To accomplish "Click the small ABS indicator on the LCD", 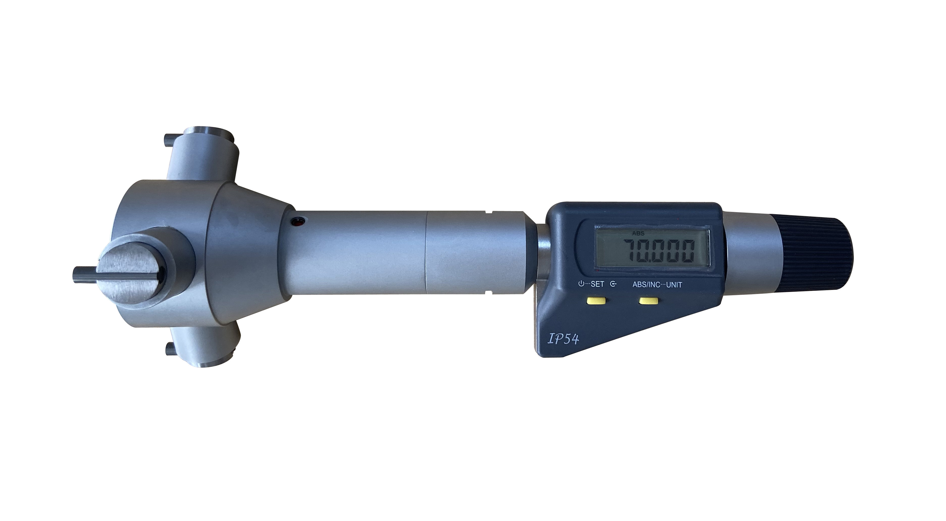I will [638, 234].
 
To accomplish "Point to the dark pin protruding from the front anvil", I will [84, 275].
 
